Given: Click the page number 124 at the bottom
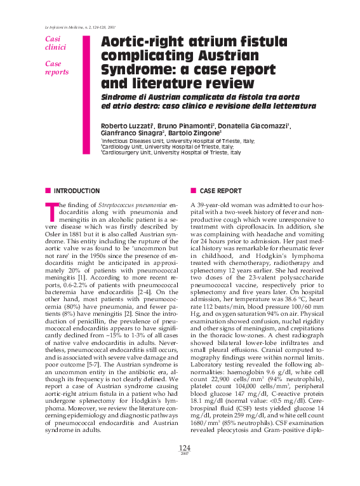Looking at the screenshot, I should click(180, 465).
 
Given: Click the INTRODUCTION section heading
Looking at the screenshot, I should click(76, 191).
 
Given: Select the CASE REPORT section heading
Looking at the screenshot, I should click(220, 191).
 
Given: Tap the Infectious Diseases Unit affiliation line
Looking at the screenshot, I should click(178, 140).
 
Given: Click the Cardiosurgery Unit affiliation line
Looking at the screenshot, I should click(171, 152).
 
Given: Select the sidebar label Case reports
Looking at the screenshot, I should click(56, 68).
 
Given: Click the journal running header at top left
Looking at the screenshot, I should click(81, 27).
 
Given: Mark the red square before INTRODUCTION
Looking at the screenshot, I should click(48, 191).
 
